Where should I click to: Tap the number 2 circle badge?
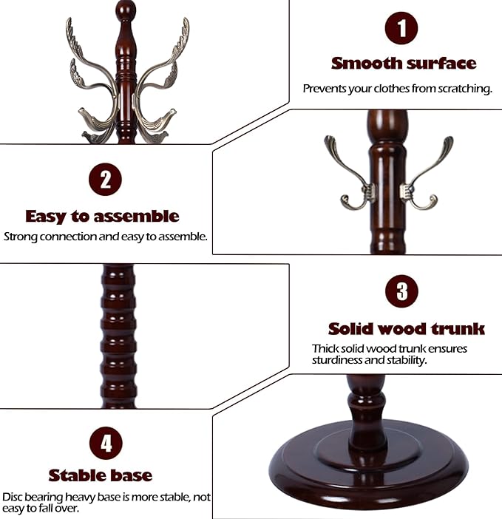105,180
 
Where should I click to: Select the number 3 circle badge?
401,291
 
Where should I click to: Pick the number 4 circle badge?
106,443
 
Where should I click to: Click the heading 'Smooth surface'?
404,64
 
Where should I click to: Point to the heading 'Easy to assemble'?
102,217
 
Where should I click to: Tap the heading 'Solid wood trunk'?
406,329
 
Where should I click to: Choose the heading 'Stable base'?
101,475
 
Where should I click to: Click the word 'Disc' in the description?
13,498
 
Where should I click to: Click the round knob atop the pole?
126,10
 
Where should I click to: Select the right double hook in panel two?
427,172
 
